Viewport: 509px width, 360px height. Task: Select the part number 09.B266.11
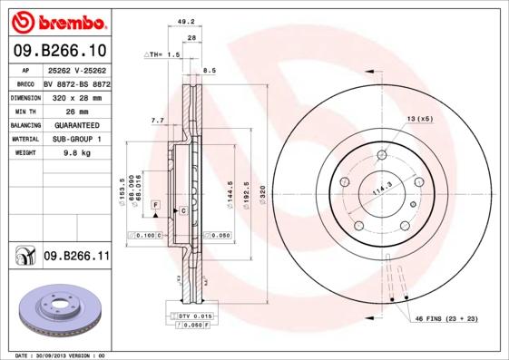coord(75,258)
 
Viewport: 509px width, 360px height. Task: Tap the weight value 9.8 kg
coord(74,153)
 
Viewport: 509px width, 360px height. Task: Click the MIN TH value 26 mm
coord(74,111)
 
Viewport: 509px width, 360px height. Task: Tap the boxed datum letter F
coord(155,208)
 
